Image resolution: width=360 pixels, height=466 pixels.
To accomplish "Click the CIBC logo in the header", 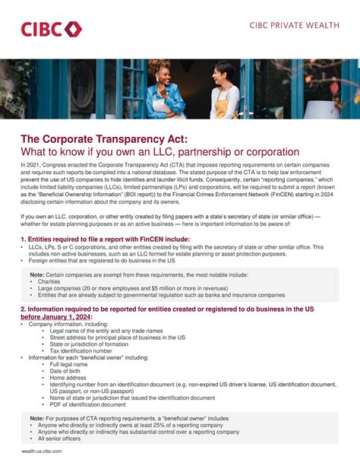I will pyautogui.click(x=51, y=30).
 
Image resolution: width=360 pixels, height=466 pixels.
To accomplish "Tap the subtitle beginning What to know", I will pyautogui.click(x=150, y=152).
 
